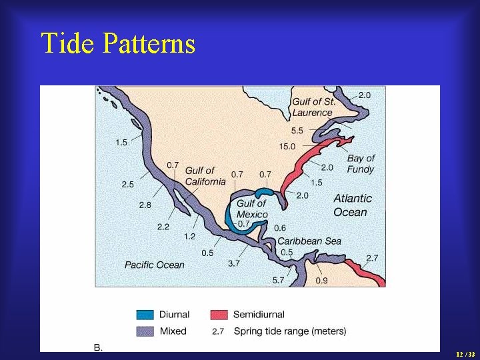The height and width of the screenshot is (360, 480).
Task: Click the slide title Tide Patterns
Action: pyautogui.click(x=118, y=44)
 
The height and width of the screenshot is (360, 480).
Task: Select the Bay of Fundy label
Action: pyautogui.click(x=361, y=163)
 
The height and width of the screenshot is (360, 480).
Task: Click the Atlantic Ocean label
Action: pyautogui.click(x=353, y=205)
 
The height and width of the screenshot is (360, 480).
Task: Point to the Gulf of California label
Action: pyautogui.click(x=205, y=176)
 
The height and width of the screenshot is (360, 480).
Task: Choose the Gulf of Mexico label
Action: pyautogui.click(x=252, y=209)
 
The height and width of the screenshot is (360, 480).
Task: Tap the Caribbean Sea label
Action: pyautogui.click(x=309, y=241)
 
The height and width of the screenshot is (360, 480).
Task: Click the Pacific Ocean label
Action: pyautogui.click(x=154, y=265)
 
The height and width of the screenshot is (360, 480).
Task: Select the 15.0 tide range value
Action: pyautogui.click(x=288, y=146)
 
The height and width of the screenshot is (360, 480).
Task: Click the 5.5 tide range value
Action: pyautogui.click(x=297, y=131)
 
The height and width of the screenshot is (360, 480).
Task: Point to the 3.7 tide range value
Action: pyautogui.click(x=233, y=263)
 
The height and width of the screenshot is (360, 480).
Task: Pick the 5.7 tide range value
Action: pyautogui.click(x=277, y=280)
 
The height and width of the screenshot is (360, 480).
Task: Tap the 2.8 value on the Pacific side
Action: pyautogui.click(x=145, y=205)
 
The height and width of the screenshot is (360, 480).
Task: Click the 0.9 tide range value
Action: pyautogui.click(x=321, y=281)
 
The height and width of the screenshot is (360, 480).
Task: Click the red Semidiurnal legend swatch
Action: pyautogui.click(x=219, y=315)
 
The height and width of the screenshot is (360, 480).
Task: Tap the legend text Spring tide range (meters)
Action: pyautogui.click(x=289, y=331)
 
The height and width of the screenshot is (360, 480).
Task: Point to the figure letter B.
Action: pyautogui.click(x=98, y=347)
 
